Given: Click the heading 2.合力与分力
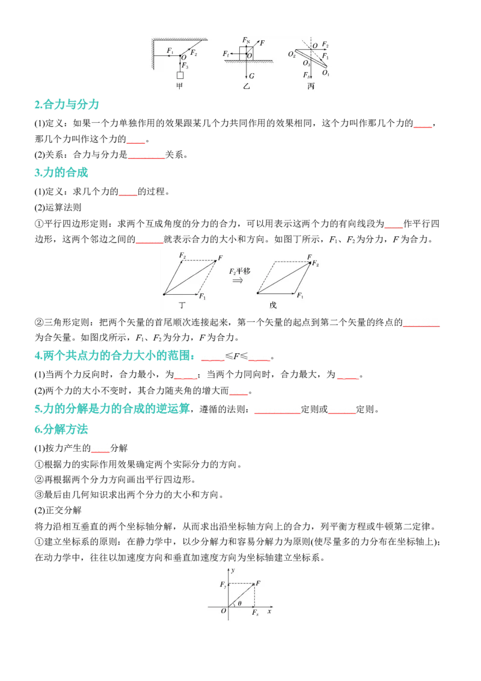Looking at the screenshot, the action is [x=67, y=104].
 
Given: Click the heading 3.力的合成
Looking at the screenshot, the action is [x=61, y=173].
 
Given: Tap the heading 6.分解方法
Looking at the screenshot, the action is [x=61, y=429].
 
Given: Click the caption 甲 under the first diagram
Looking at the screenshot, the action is [x=180, y=86].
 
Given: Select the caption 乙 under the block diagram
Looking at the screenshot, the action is [x=247, y=87].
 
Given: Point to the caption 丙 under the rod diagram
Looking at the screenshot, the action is [x=311, y=87].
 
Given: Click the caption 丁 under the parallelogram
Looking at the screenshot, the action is [x=182, y=306].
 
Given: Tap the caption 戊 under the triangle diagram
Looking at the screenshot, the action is [x=273, y=306].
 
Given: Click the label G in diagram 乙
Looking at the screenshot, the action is [x=251, y=76].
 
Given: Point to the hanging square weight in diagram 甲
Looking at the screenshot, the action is [x=180, y=75].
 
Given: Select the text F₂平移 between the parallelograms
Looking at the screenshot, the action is [x=240, y=271].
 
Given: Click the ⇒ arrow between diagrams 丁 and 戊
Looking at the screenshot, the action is [x=237, y=280].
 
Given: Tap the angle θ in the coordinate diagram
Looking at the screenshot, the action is [x=240, y=603].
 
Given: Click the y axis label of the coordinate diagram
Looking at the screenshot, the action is [x=233, y=570].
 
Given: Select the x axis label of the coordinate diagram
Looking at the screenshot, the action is [x=269, y=611].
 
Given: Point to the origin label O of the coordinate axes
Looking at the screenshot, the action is [x=224, y=611].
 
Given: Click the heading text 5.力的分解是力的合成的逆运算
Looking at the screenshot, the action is [x=112, y=408].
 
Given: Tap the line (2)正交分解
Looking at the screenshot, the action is [x=58, y=510].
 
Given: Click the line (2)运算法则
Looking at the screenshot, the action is [x=58, y=208].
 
